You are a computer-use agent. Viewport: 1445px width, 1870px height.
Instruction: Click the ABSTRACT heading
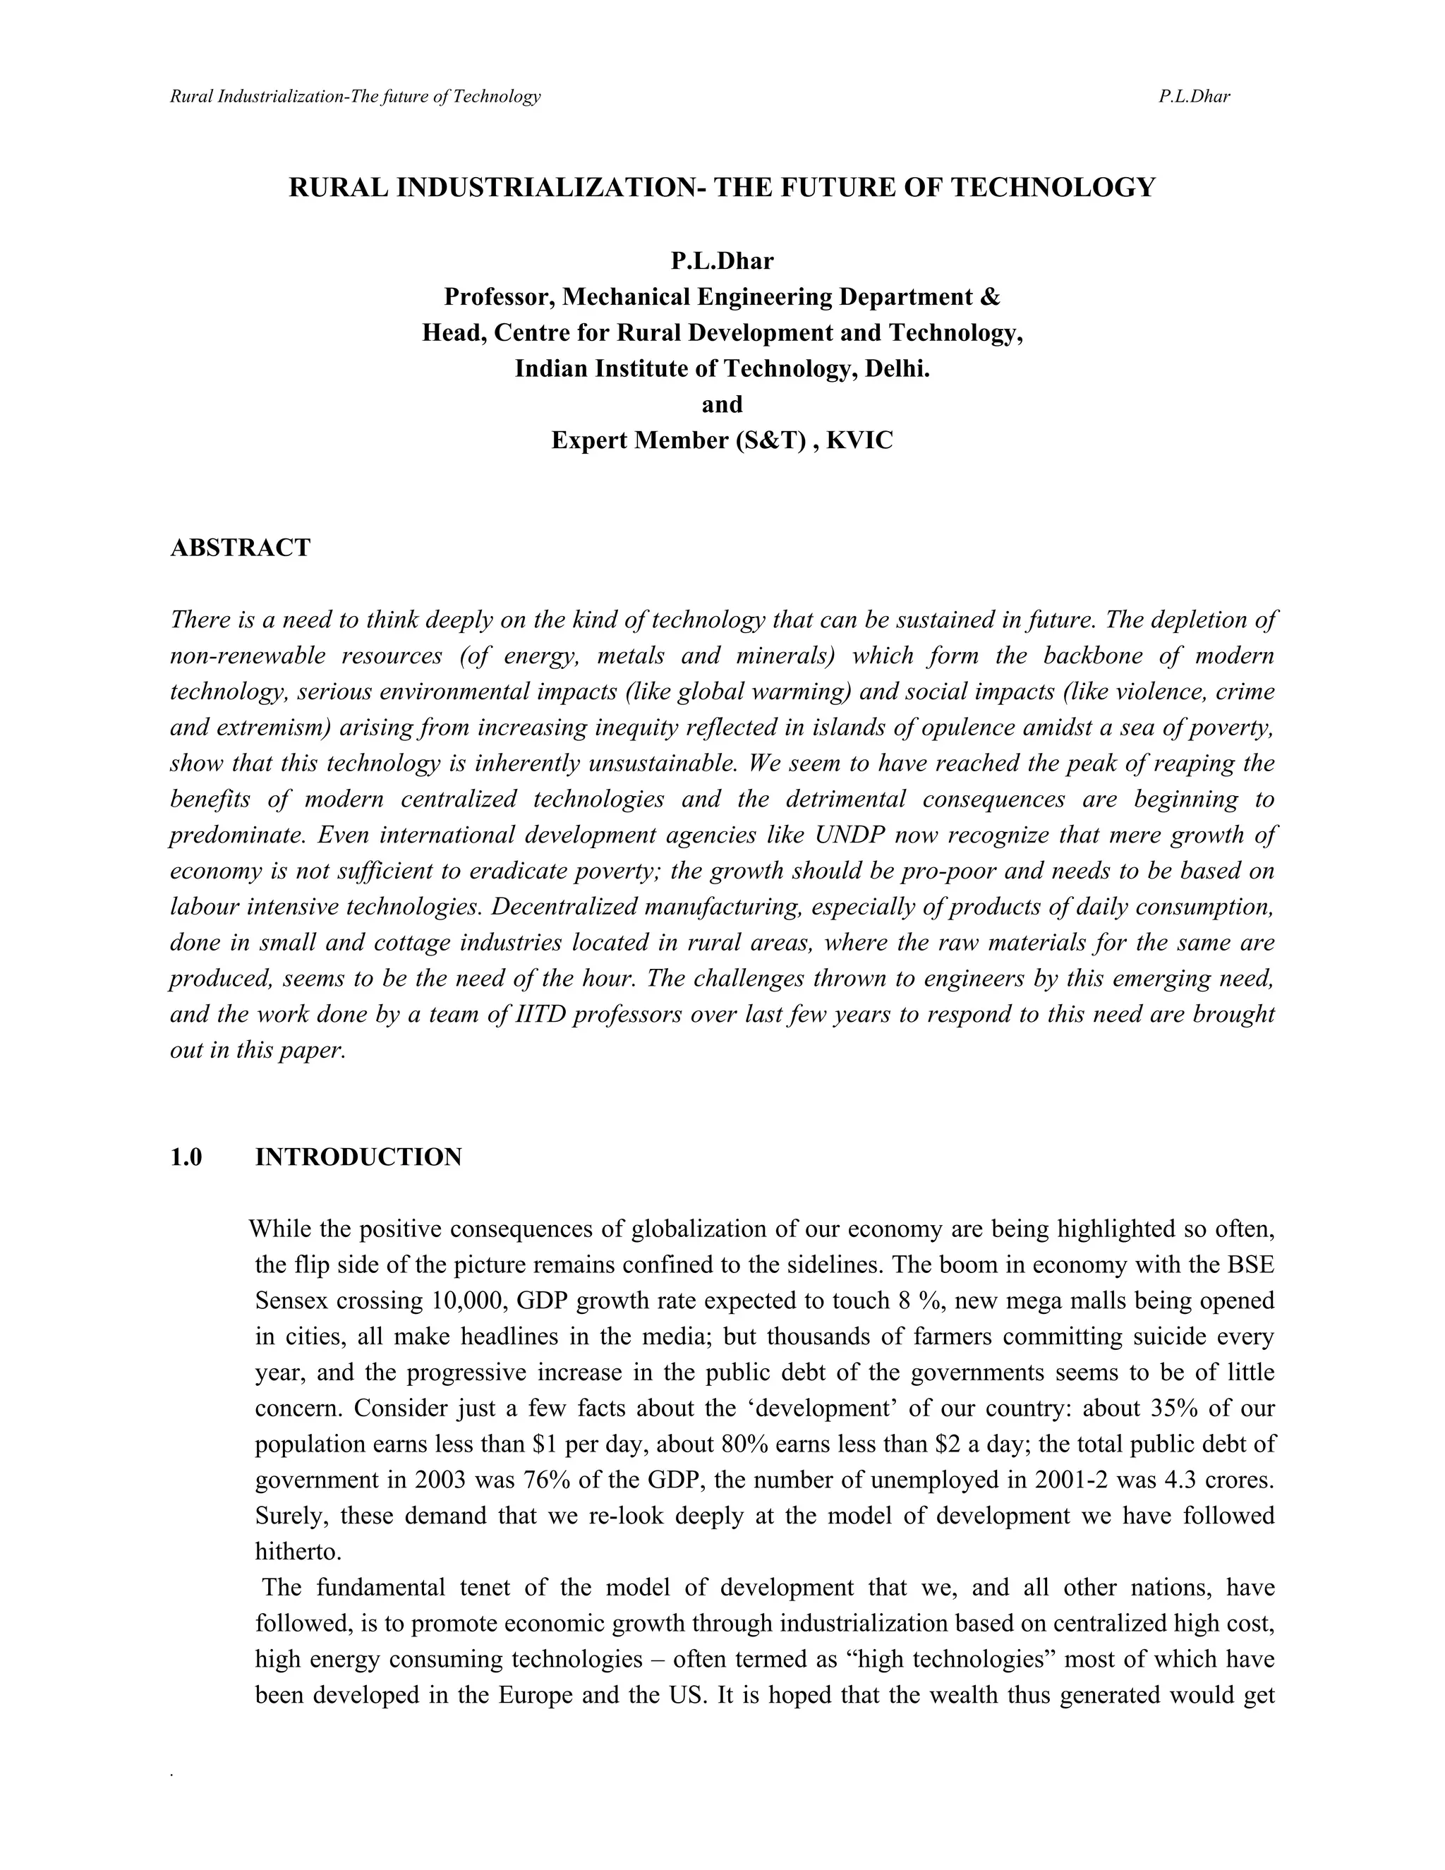pos(240,548)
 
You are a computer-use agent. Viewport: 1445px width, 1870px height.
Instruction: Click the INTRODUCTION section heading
pos(358,1157)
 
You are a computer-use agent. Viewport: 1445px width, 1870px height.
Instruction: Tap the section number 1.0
pos(186,1157)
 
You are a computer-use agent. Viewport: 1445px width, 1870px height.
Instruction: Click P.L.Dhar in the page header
pos(1195,97)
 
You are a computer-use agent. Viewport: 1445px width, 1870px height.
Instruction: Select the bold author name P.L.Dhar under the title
pos(722,261)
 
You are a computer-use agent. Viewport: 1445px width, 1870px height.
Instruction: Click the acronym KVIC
pos(859,441)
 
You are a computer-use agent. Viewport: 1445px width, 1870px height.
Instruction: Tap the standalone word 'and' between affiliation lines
pos(722,405)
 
